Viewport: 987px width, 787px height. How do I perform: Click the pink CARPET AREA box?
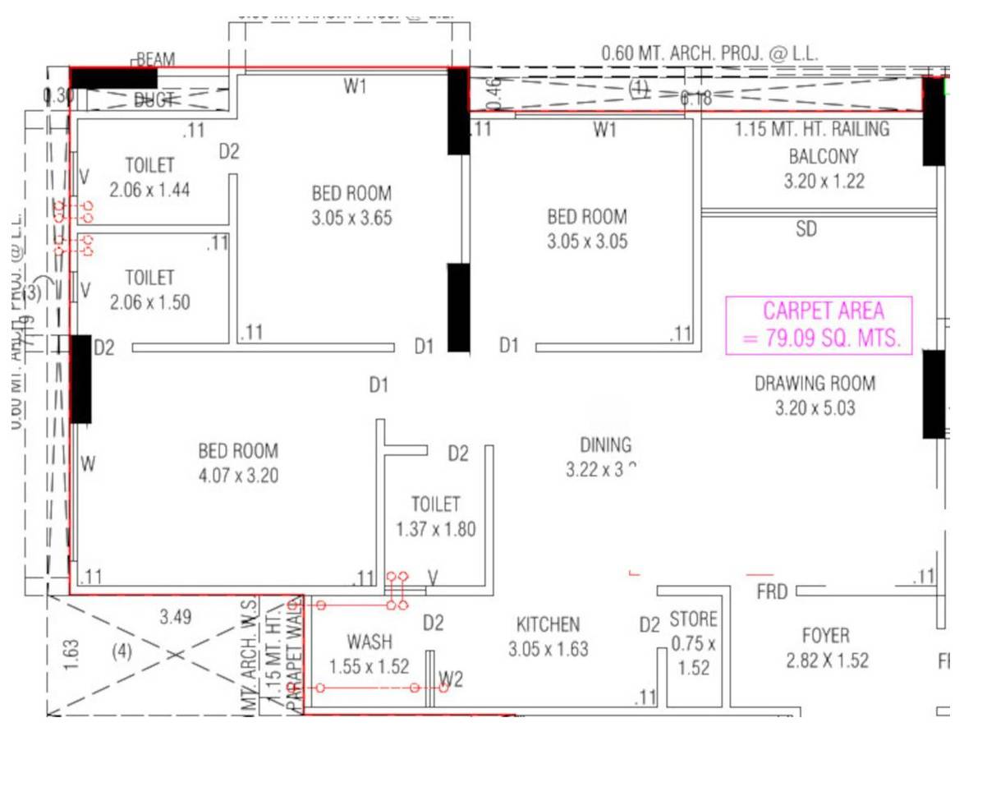tap(819, 325)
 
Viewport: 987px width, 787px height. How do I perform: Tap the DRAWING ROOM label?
tap(815, 383)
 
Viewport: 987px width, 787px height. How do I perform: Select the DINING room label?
tap(606, 445)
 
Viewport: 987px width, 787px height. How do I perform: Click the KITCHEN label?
tap(548, 624)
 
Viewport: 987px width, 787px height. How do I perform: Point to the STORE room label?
tap(693, 619)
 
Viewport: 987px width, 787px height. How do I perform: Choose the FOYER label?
tap(825, 636)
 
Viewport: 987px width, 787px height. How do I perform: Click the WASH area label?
tap(370, 642)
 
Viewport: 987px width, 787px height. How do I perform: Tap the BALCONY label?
tap(824, 156)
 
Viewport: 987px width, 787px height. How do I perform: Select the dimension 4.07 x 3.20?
tap(238, 476)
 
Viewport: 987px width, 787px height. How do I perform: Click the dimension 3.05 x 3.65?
tap(351, 219)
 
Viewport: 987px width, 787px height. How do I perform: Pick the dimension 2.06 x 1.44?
tap(149, 190)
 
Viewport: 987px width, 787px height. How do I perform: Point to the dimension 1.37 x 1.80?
tap(435, 530)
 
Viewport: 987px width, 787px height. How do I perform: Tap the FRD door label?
tap(772, 591)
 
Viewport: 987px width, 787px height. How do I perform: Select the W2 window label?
tap(451, 679)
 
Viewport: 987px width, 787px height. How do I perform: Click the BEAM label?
tap(155, 60)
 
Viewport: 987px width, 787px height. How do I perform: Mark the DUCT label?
tap(154, 100)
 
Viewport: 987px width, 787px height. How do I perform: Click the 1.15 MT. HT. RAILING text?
tap(811, 129)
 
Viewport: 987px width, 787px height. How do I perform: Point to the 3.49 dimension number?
tap(176, 617)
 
